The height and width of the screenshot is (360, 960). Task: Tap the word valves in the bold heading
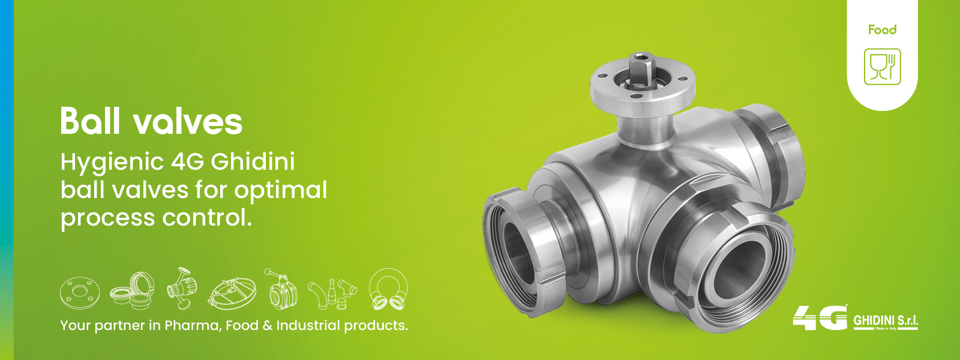click(x=187, y=122)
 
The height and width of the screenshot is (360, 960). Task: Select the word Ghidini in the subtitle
click(x=253, y=163)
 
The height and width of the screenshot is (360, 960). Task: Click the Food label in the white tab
click(x=883, y=30)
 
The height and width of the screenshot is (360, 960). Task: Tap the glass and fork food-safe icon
click(x=883, y=67)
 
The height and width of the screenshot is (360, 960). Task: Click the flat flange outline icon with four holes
click(x=80, y=292)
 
